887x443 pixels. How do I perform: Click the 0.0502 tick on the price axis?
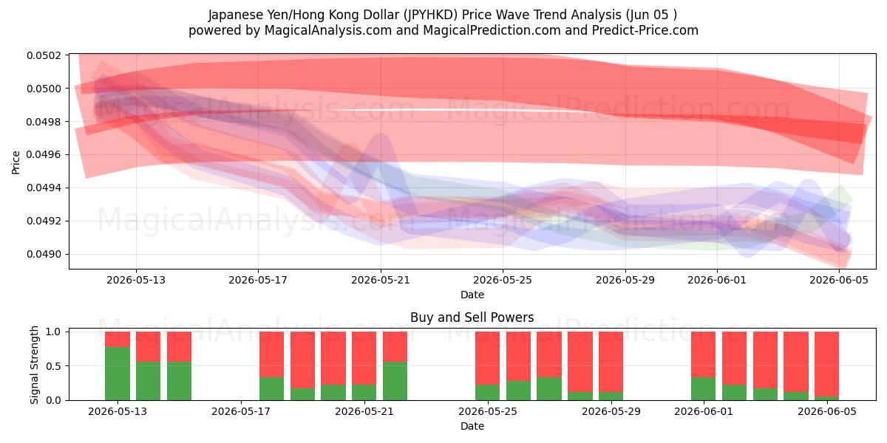(44, 55)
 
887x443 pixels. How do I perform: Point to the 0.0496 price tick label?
(44, 154)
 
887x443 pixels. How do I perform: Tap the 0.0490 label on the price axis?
(44, 254)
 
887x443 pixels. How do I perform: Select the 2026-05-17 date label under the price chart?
(258, 280)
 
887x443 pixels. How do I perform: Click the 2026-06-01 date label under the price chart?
(717, 280)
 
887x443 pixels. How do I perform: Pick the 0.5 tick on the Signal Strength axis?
(53, 366)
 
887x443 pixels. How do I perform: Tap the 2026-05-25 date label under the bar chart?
(487, 411)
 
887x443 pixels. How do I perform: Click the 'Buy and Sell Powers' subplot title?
(472, 317)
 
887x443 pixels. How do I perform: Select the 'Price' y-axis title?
(16, 162)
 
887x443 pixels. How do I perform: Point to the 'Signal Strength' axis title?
(35, 365)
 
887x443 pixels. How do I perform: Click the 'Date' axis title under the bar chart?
(472, 426)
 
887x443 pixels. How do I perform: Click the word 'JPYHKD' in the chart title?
(430, 15)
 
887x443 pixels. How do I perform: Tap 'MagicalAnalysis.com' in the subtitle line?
(328, 30)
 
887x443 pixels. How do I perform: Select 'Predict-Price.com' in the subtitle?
(645, 30)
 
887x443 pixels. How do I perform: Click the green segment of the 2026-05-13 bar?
(118, 374)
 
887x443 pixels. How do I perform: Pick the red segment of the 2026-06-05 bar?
(827, 364)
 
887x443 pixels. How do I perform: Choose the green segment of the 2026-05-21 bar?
(395, 381)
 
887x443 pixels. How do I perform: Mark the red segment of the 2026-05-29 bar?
(611, 362)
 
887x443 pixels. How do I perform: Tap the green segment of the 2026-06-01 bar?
(703, 389)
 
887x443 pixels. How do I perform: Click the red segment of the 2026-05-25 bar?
(487, 358)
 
